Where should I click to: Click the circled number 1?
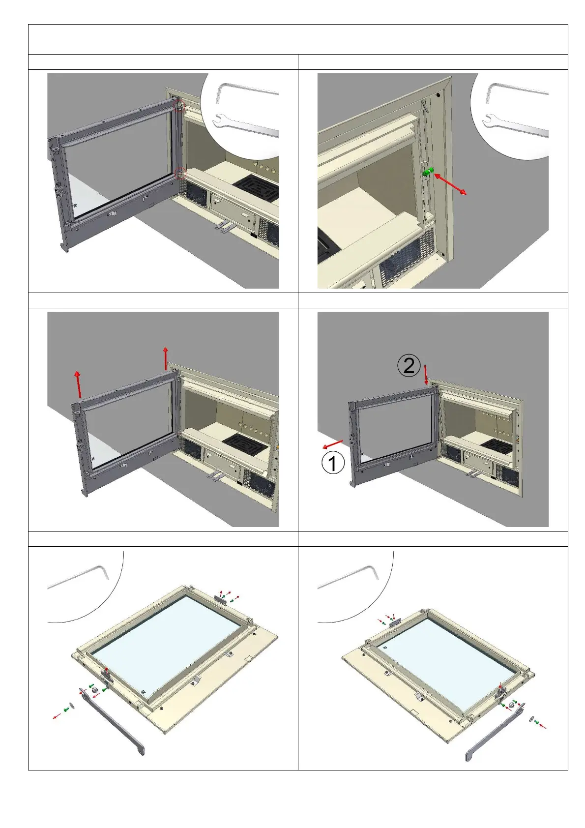pyautogui.click(x=333, y=463)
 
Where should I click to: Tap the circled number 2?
pyautogui.click(x=409, y=366)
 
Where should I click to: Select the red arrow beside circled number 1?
pyautogui.click(x=333, y=444)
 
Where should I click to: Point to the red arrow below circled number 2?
pyautogui.click(x=426, y=375)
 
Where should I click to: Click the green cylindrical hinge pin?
pyautogui.click(x=428, y=172)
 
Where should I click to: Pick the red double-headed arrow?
pyautogui.click(x=450, y=184)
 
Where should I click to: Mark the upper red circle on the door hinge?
pyautogui.click(x=179, y=106)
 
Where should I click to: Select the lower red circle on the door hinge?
pyautogui.click(x=180, y=173)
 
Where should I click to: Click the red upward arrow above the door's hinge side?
pyautogui.click(x=166, y=358)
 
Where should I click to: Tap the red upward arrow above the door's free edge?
pyautogui.click(x=78, y=384)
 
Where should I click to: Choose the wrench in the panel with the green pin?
pyautogui.click(x=516, y=124)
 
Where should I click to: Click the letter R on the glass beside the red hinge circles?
pyautogui.click(x=75, y=206)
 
